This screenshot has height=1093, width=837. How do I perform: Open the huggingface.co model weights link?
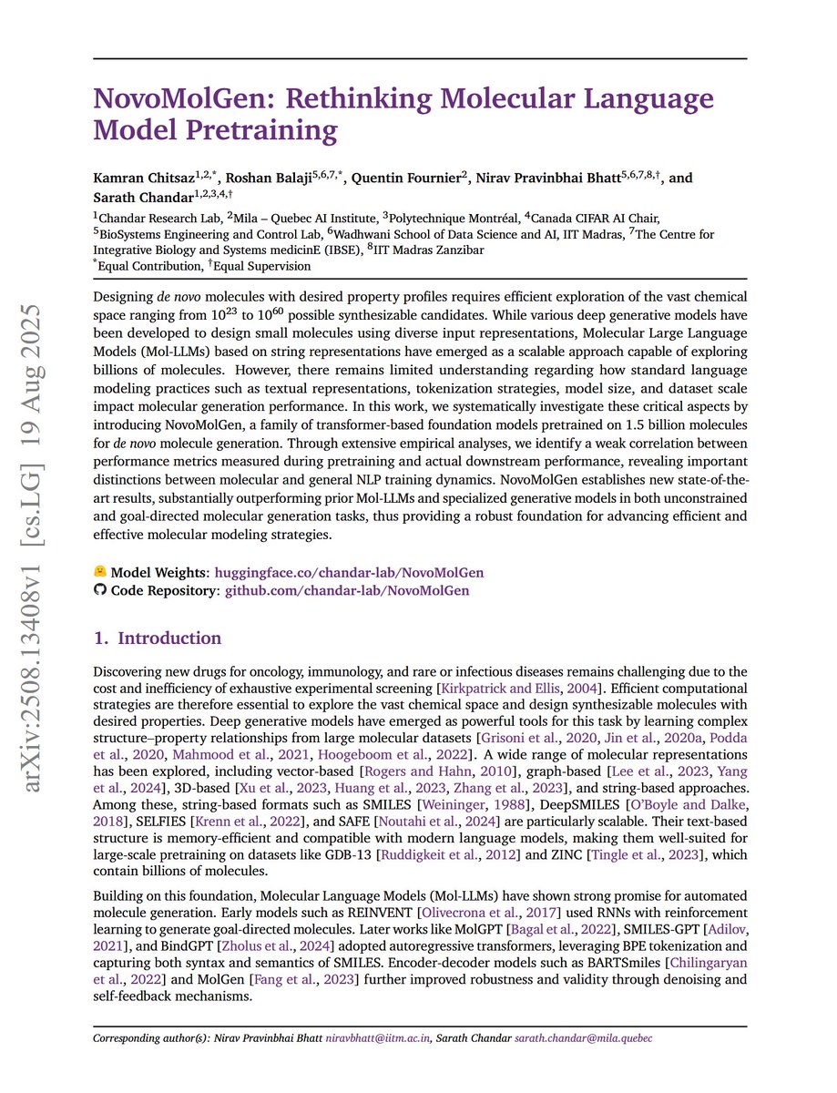pyautogui.click(x=349, y=573)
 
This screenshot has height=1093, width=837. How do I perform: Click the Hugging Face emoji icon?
pyautogui.click(x=100, y=573)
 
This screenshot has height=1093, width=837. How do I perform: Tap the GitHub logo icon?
pyautogui.click(x=100, y=590)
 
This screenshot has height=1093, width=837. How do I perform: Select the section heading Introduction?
pyautogui.click(x=169, y=638)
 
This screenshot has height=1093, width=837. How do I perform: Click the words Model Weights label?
pyautogui.click(x=158, y=573)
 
